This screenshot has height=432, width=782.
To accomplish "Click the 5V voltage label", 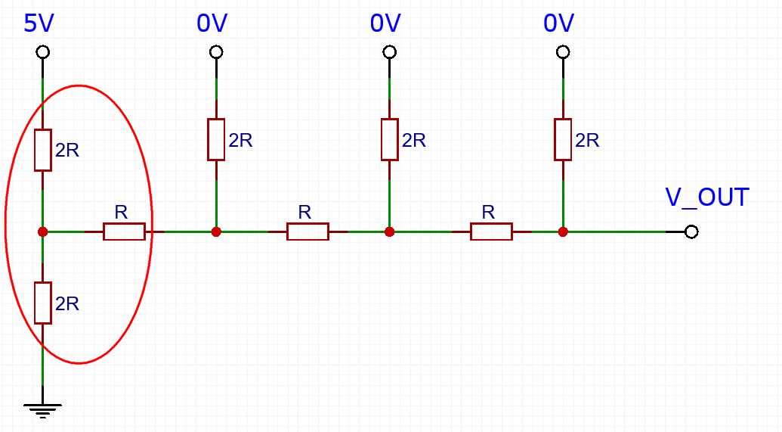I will point(40,23).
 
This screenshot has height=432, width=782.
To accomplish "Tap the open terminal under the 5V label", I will point(43,52).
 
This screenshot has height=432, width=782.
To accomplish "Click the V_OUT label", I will point(706,197).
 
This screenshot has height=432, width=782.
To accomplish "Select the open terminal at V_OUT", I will point(691,232).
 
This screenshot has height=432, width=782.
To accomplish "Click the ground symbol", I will point(43,411).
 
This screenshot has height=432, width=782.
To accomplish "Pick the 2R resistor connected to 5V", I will point(43,150).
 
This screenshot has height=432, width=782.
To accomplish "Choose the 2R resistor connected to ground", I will point(43,303).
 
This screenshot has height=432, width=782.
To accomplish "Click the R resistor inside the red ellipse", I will point(124,232).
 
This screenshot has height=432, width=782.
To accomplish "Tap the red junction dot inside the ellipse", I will point(43,232).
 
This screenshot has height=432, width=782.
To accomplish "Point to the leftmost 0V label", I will point(212,23).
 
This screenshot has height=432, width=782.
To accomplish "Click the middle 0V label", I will point(385,23).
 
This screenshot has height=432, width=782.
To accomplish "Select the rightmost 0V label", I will point(559,23).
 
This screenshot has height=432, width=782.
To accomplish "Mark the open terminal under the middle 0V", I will point(389,52).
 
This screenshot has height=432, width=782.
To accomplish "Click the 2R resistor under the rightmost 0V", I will point(563,139).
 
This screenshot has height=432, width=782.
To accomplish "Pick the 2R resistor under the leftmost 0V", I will point(216,139).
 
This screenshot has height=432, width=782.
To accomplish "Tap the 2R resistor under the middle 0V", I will point(389,139).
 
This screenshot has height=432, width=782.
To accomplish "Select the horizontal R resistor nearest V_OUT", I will point(491,232).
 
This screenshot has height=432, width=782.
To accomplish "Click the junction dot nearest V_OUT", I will point(563,232).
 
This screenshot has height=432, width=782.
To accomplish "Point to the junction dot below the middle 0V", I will point(389,232).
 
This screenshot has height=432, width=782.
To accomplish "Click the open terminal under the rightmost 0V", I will point(563,52).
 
